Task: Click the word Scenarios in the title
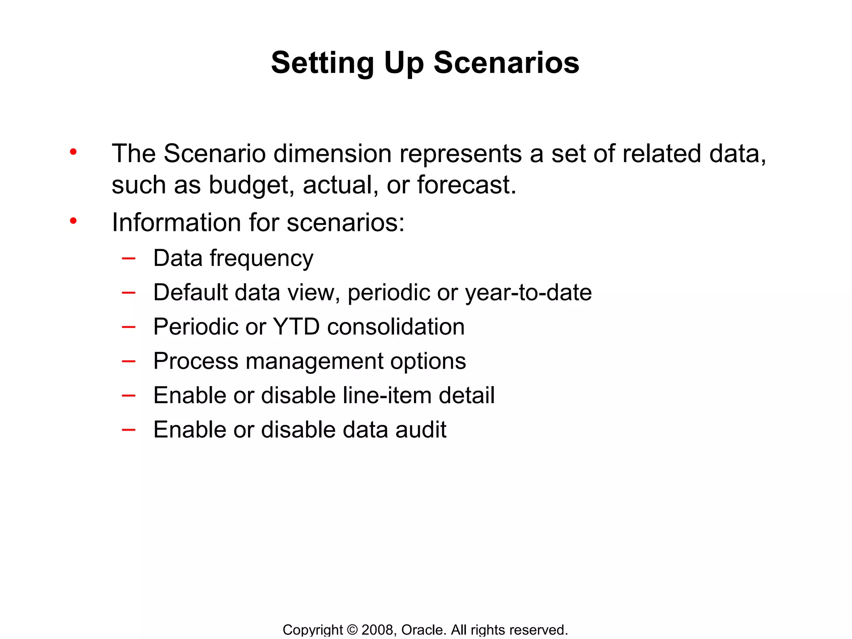tap(506, 63)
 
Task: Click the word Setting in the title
tap(322, 63)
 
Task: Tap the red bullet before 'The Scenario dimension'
tap(73, 152)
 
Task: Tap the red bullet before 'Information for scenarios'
tap(73, 221)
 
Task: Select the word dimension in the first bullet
tap(332, 154)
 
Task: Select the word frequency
tap(261, 259)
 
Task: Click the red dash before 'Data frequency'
tap(129, 258)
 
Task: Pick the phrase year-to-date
tap(528, 292)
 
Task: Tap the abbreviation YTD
tap(296, 327)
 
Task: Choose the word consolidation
tap(396, 327)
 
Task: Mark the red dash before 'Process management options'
tap(129, 361)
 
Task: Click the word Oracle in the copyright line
tap(423, 629)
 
